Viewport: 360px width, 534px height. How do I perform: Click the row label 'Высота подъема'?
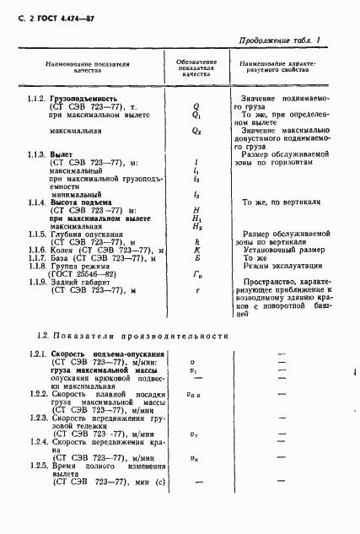[x=84, y=202]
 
